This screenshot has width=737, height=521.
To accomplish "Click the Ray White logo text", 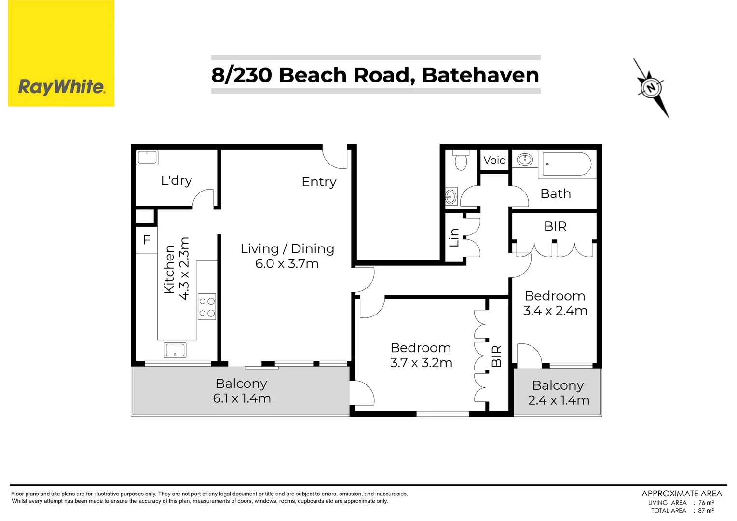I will tap(61, 87).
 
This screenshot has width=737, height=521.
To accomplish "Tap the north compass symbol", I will tap(651, 88).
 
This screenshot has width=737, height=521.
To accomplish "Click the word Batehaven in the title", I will tap(480, 75).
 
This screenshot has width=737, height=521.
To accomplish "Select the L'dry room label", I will tap(177, 180).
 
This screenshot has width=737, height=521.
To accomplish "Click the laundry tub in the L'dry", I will tap(147, 157).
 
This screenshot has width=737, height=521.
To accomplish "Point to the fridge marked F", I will tap(147, 240).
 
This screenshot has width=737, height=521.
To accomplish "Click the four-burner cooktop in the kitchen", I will tap(207, 307).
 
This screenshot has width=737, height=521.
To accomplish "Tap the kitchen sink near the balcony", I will tap(175, 350).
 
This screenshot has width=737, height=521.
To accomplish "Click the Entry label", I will tap(319, 182).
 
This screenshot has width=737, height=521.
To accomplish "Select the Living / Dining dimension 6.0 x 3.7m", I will tap(287, 264).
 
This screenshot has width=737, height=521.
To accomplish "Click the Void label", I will tap(494, 160).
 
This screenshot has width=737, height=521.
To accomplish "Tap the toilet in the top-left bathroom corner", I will tap(461, 160).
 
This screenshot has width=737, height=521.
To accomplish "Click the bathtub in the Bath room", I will tap(567, 164).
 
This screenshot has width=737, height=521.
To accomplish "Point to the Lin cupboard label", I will tap(454, 238).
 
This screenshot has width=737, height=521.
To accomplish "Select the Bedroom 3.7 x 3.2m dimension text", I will tap(421, 363).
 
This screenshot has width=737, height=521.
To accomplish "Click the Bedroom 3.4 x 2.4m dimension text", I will tap(555, 311).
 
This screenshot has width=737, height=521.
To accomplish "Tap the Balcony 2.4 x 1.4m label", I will tap(558, 393).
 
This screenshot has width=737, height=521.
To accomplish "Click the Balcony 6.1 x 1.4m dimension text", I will tap(242, 398).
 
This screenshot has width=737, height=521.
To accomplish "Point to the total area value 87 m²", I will tap(706, 510).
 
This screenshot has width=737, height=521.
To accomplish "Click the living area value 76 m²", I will tap(706, 502).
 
